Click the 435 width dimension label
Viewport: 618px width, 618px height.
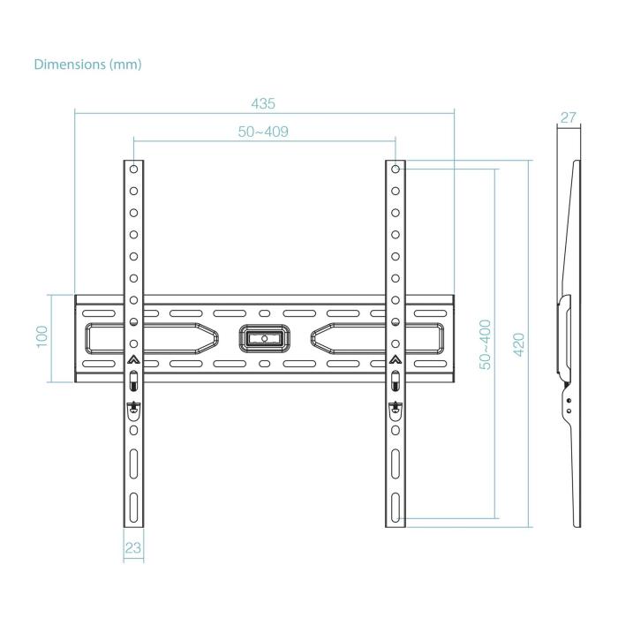[x=262, y=103]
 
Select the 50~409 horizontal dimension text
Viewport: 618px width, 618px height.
[x=263, y=131]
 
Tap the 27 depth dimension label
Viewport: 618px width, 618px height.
[x=568, y=117]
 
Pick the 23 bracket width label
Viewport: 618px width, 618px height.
[x=132, y=547]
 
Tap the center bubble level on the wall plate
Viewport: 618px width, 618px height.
[x=264, y=337]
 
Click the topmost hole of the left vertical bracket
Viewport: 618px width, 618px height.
[x=133, y=168]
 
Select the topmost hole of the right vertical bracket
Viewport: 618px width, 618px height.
[x=396, y=168]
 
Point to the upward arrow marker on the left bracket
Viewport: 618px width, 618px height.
[x=133, y=359]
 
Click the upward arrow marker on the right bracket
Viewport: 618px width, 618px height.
[x=396, y=359]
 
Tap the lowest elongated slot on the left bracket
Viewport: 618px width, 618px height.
[x=133, y=507]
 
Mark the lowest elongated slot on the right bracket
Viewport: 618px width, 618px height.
[x=396, y=507]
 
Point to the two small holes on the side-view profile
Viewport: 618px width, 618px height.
[x=568, y=405]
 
